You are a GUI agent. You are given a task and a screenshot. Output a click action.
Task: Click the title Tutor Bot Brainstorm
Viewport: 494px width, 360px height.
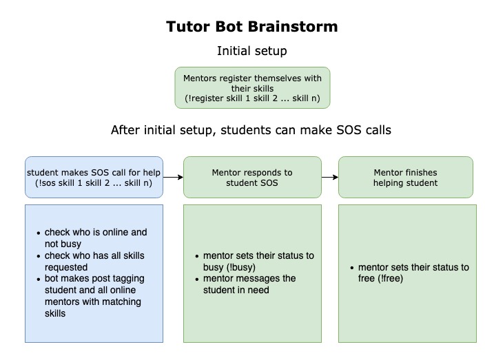click(x=251, y=28)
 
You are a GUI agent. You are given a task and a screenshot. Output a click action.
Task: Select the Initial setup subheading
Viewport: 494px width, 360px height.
click(x=251, y=51)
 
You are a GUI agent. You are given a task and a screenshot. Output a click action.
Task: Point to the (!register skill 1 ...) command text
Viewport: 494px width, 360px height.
click(x=252, y=98)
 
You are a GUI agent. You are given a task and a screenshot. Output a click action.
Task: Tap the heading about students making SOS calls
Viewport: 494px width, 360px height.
click(x=251, y=130)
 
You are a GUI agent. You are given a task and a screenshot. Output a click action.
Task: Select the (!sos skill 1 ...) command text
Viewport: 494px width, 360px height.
click(x=94, y=183)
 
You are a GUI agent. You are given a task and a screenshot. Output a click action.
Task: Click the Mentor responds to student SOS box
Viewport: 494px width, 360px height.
click(x=252, y=177)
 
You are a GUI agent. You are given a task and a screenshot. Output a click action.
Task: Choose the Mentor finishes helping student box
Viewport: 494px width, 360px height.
click(x=405, y=177)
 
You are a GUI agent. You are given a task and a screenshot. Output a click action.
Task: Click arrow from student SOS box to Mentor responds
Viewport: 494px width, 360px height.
click(x=173, y=177)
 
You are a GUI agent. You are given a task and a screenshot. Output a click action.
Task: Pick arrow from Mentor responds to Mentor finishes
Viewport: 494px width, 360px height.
click(x=330, y=177)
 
